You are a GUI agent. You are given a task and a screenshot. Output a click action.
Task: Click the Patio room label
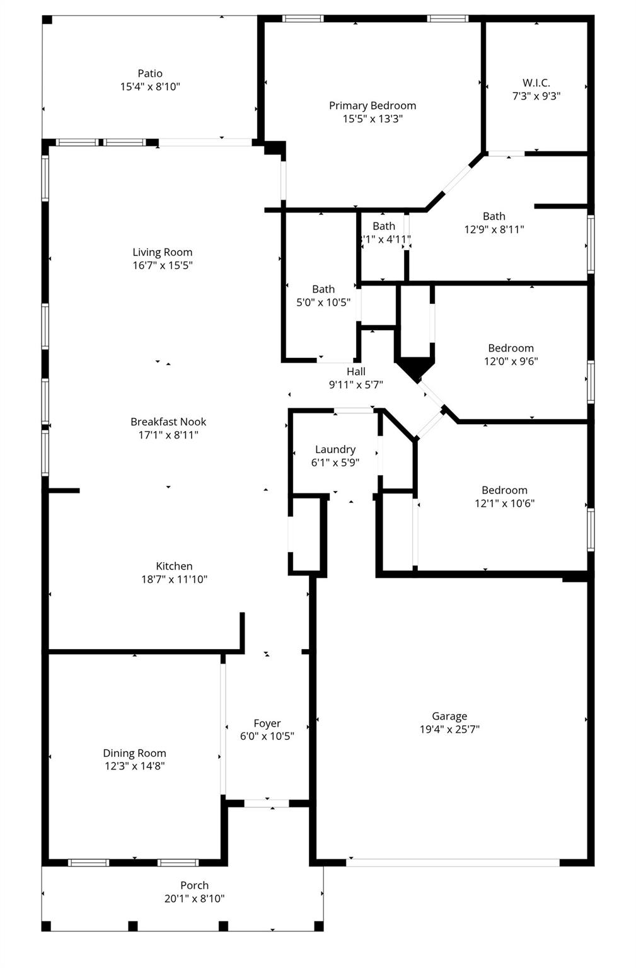point(150,74)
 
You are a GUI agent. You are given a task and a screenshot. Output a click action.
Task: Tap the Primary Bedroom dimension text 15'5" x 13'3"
point(373,118)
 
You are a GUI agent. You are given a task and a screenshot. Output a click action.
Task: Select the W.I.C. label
point(536,83)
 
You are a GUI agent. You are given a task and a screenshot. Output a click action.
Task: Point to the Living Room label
point(162,252)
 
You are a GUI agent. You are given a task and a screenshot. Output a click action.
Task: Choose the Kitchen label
point(174,566)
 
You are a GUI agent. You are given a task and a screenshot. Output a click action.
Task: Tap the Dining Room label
point(134,753)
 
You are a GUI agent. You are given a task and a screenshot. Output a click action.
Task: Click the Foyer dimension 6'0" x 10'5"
point(267,736)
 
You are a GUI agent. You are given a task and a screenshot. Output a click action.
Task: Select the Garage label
point(449,716)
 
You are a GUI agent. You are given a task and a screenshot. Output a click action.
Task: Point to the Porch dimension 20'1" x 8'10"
point(194,899)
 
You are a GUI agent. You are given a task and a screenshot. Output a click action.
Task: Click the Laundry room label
point(335,449)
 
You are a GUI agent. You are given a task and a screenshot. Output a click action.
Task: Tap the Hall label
point(356,371)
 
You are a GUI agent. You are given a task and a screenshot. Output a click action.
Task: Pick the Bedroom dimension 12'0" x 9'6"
point(511,361)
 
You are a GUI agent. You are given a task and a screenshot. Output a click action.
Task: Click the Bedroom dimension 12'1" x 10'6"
point(504,504)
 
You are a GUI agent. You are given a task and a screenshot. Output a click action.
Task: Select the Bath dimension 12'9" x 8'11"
point(494,229)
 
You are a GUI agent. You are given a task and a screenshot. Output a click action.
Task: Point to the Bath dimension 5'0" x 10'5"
point(323,302)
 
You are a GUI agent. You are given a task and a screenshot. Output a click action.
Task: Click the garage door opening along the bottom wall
point(453,862)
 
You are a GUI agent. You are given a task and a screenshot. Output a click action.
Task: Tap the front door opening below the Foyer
point(267,803)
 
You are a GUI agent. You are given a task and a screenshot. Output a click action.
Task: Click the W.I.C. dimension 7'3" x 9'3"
point(536,96)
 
